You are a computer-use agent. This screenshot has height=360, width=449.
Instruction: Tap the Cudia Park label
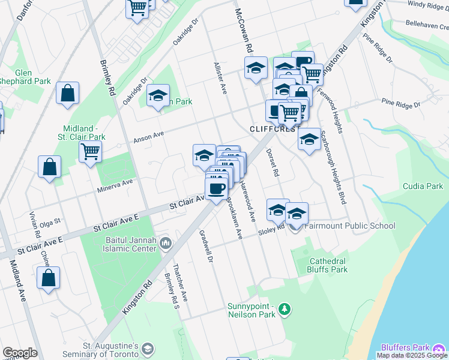423,187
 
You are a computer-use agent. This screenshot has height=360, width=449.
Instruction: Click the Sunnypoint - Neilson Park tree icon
285,310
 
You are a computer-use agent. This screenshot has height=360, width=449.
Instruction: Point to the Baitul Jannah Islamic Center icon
165,243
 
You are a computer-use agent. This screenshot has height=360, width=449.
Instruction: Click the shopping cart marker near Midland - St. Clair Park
90,152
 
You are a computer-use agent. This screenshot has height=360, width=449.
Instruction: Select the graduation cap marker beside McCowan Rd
256,68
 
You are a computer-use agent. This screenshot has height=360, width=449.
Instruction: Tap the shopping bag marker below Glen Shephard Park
68,94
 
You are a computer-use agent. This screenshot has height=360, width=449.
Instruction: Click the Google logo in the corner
20,353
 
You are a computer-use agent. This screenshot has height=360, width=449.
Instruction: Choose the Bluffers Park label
405,347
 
